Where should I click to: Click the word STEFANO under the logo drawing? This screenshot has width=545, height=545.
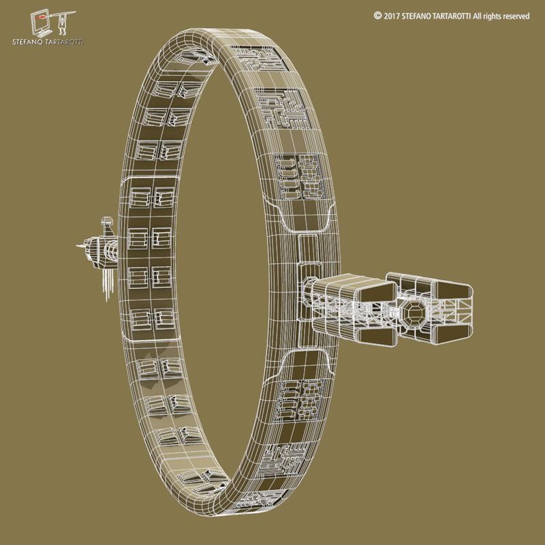tap(27, 43)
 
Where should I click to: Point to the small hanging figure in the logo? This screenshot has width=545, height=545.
tap(63, 23)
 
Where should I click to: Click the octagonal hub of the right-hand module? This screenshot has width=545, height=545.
tap(413, 313)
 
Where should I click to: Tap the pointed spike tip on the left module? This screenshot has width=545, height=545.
tap(77, 246)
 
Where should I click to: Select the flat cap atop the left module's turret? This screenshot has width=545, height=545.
tap(106, 220)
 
